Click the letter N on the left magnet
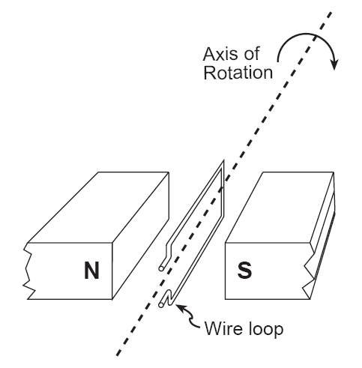point(91,271)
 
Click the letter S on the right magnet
point(244,271)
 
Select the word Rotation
point(238,73)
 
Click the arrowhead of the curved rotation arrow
point(334,64)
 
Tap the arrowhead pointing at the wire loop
point(181,307)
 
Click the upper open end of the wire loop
point(161,268)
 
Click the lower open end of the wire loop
point(161,305)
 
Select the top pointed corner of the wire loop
point(223,161)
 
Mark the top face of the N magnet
point(98,208)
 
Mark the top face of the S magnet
point(280,208)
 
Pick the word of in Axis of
point(252,54)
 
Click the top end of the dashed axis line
point(331,12)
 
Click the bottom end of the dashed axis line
point(118,355)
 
